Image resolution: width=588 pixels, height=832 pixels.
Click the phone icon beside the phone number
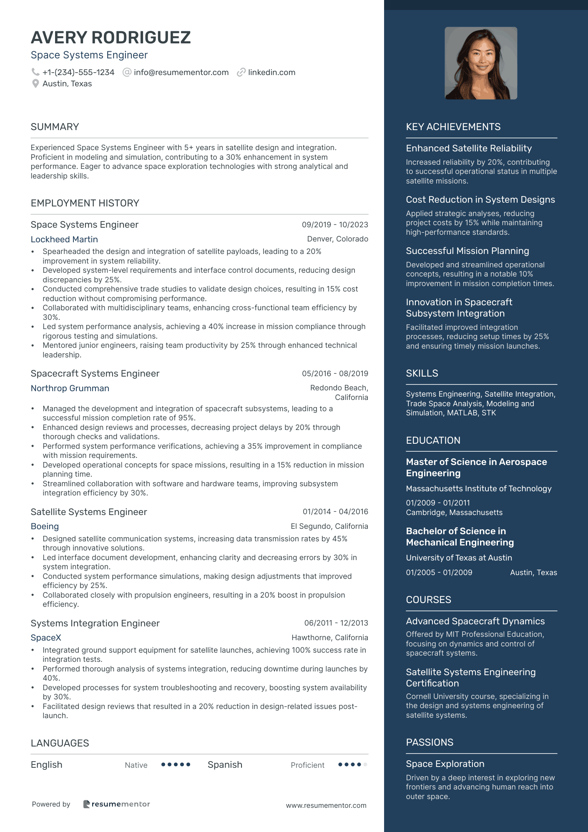coord(35,72)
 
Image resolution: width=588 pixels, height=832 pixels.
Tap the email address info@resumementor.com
coord(181,73)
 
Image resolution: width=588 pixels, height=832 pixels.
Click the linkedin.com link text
coord(271,73)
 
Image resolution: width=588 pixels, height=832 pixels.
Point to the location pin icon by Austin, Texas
coord(35,84)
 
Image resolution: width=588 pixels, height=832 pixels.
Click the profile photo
coord(481,63)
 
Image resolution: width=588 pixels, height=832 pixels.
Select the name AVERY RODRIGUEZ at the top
coord(111,38)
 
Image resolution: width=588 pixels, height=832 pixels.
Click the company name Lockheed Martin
coord(64,239)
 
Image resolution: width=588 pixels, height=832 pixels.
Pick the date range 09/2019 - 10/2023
coord(335,225)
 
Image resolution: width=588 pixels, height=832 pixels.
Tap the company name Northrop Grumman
coord(70,388)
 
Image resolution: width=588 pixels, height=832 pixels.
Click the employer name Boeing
coord(45,526)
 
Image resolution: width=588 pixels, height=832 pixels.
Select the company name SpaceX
coord(46,638)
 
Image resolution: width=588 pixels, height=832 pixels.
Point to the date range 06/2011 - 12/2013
coord(336,623)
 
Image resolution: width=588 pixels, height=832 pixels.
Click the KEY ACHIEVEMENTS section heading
coord(453,127)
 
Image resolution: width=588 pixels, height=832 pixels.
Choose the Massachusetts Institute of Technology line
coord(479,488)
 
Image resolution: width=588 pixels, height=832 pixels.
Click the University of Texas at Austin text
coord(459,558)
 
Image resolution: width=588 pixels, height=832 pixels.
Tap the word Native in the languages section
coord(136,765)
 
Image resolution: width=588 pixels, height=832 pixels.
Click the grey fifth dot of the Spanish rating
coord(365,764)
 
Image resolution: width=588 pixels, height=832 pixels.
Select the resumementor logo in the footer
coord(117,804)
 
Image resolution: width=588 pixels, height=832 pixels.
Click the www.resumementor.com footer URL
coord(326,805)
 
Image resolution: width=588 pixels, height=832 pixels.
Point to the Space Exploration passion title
coord(445,764)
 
